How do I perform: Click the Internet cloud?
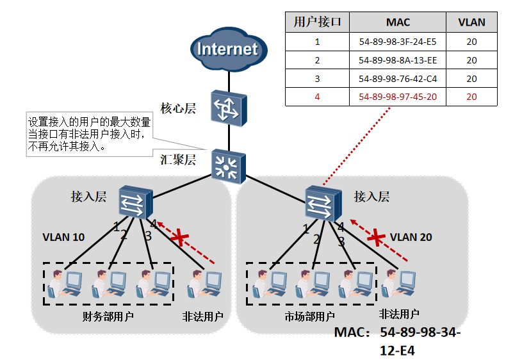(227, 50)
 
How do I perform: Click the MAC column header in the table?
(398, 22)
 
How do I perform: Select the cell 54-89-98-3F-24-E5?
(398, 42)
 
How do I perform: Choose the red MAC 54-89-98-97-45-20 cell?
(398, 97)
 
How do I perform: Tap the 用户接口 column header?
(317, 22)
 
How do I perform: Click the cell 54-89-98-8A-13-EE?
(398, 60)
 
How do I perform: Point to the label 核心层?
(177, 107)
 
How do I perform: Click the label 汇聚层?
(177, 160)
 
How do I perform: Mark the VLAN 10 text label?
(63, 237)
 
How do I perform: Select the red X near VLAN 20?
(377, 238)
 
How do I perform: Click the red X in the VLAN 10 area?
(180, 239)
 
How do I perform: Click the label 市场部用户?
(310, 316)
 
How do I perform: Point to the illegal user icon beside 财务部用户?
(204, 284)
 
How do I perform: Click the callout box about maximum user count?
(89, 133)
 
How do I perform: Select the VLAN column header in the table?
(471, 22)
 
